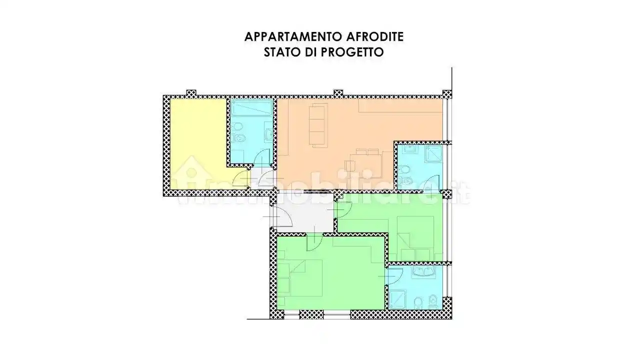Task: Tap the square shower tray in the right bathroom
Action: click(434, 154)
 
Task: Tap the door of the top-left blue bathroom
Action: click(261, 158)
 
